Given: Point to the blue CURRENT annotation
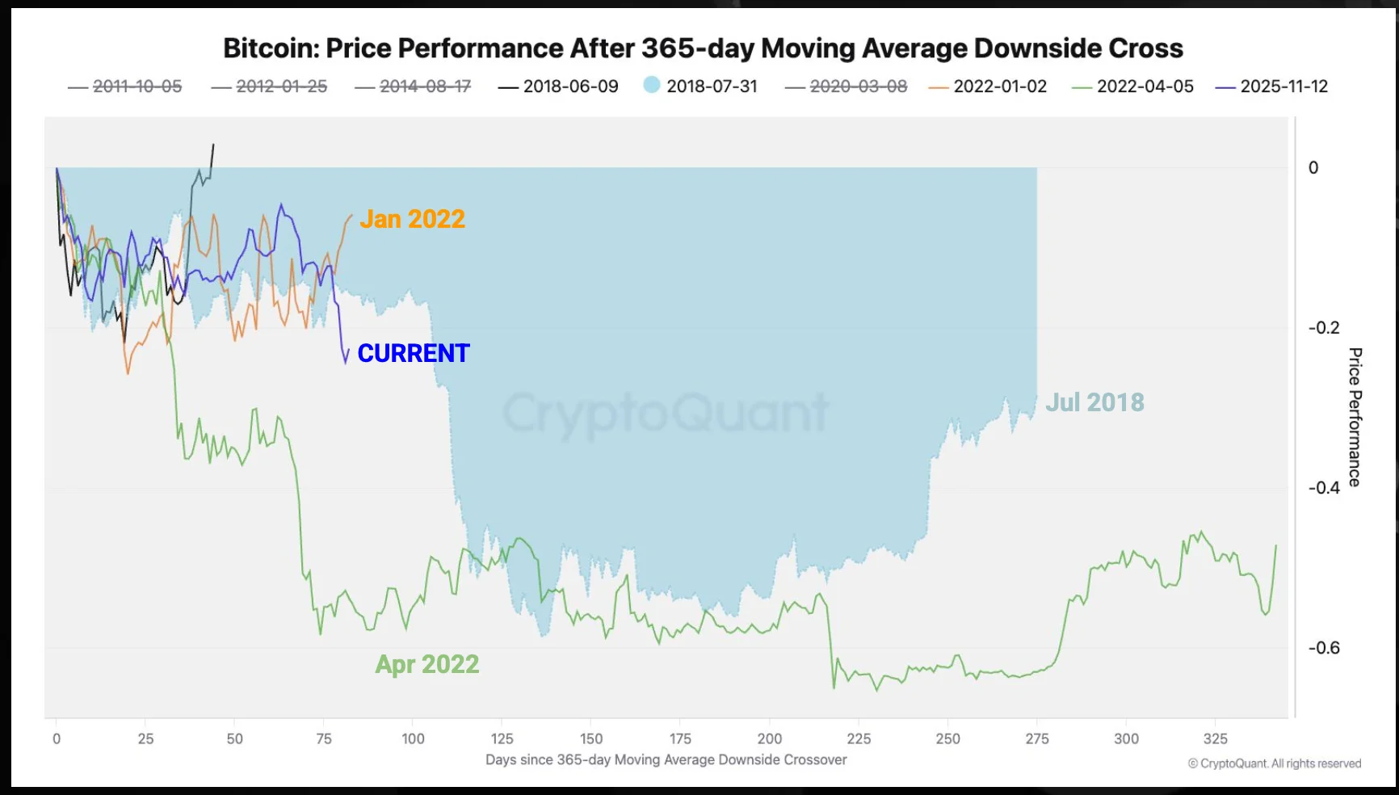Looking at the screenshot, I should pos(413,353).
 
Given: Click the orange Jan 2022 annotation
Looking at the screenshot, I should pos(412,219).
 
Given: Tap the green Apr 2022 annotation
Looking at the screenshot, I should pos(426,664).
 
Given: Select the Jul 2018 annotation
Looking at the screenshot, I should pos(1094,402).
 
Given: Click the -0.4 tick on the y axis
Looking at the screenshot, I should pos(1323,488).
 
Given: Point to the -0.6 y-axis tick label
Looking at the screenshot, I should pos(1323,648).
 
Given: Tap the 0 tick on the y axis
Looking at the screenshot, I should pos(1313,168).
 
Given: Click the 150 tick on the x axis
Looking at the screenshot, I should pos(591,738).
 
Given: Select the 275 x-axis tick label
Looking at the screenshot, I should pos(1037,738).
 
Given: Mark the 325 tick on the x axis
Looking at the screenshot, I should pos(1215,738).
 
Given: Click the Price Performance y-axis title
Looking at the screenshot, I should pos(1355,417).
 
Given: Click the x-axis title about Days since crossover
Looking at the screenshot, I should pos(666,759).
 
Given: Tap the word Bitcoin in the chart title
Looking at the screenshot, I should pos(271,48).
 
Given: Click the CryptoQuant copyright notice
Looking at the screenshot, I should pos(1274,763).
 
